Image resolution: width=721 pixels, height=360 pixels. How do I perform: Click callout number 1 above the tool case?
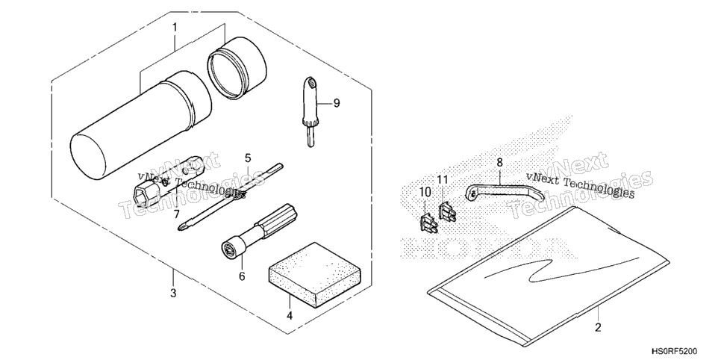tap(175, 28)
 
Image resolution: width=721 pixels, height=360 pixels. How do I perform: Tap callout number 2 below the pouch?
tap(598, 328)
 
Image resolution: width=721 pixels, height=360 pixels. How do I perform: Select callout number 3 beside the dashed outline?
tap(173, 293)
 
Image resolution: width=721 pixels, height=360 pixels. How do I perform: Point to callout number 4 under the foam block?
tap(290, 316)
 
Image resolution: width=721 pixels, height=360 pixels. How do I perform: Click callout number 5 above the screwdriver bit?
tap(248, 159)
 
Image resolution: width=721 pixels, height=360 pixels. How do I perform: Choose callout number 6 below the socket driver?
tap(242, 276)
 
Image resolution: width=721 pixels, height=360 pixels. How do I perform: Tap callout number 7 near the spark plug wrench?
tap(176, 214)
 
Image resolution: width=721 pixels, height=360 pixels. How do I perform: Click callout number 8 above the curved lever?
tap(500, 163)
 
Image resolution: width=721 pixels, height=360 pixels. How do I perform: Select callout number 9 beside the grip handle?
tap(337, 103)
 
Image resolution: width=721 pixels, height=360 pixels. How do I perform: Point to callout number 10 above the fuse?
tap(425, 191)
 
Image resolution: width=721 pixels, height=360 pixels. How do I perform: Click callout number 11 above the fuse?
tap(443, 179)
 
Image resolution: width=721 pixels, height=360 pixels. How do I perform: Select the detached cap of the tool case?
tap(237, 68)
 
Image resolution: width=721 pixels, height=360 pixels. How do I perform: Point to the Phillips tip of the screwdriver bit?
tap(181, 226)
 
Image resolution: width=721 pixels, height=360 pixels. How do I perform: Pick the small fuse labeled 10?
tap(427, 222)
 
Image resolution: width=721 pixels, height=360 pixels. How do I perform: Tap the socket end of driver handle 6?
tap(229, 249)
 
